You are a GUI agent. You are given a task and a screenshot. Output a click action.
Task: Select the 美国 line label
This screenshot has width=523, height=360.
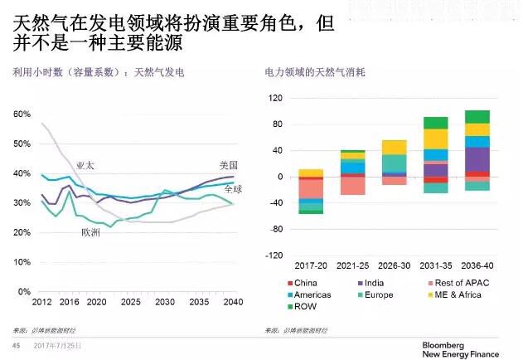pyautogui.click(x=228, y=165)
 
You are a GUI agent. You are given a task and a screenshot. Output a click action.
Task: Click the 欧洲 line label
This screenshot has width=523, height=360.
pyautogui.click(x=90, y=232)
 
